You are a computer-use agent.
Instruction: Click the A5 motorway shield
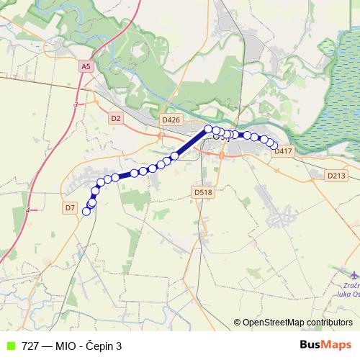pos(86,66)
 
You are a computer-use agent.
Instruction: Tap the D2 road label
pos(117,117)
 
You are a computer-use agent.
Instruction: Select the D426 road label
pos(171,120)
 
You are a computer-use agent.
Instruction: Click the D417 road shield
pos(282,151)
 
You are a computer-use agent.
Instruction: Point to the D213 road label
pos(336,175)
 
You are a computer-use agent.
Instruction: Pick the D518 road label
pos(203,192)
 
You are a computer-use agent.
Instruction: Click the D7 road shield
pos(70,207)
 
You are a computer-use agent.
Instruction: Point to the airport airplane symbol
pos(353,274)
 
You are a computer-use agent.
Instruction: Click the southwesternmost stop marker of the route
pos(86,211)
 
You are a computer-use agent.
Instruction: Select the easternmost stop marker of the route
pos(274,146)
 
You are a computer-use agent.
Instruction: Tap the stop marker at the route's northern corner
pos(208,129)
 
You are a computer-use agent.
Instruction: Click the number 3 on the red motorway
pos(75,105)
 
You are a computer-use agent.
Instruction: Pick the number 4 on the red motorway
pos(27,210)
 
